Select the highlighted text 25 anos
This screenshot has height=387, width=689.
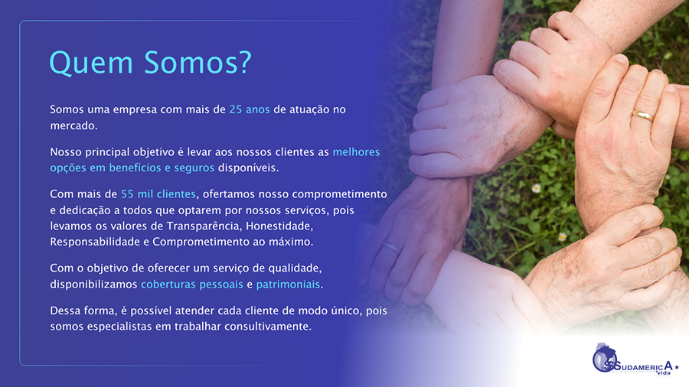coord(249,109)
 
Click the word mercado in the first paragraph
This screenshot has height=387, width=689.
coord(73,125)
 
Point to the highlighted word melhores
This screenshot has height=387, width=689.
coord(356,151)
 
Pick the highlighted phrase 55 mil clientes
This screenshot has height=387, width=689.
coord(158,194)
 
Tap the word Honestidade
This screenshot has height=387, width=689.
coord(279,226)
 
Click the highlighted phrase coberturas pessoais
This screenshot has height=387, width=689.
coord(192,285)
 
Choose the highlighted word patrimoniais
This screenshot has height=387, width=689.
coord(288,285)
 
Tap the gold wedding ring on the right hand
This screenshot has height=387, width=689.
coord(643,115)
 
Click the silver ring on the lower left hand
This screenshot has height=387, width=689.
coord(390,247)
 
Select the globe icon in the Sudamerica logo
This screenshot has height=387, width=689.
coord(605,357)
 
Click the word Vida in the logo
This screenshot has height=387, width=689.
coord(663,373)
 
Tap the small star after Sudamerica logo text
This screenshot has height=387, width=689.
coord(677,367)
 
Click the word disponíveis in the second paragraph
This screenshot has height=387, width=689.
coord(248,167)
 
